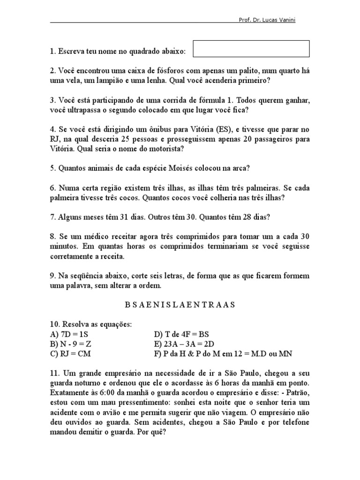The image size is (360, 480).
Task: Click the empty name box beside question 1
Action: [x=251, y=49]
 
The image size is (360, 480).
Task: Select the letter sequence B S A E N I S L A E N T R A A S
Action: [x=180, y=304]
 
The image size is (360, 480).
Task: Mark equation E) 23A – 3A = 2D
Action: [x=184, y=344]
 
